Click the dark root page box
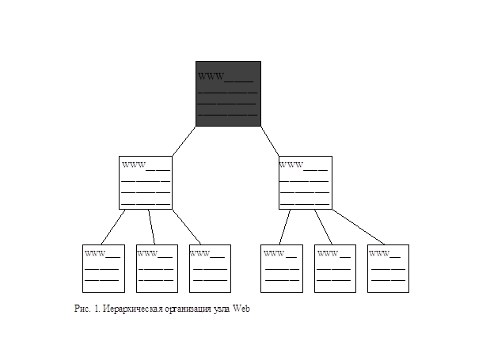click(228, 93)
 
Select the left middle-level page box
click(146, 183)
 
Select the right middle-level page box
click(306, 183)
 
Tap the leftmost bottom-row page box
click(104, 268)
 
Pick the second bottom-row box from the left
click(157, 268)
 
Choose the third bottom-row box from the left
click(210, 268)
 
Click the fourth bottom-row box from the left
click(282, 268)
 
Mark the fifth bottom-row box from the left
click(335, 268)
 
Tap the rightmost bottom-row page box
click(388, 268)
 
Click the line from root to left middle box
click(184, 141)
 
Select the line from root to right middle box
click(270, 141)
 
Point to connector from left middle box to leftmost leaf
click(113, 227)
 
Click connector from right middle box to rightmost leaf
click(358, 227)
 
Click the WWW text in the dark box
click(211, 77)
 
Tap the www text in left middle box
click(134, 165)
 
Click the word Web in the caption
click(241, 309)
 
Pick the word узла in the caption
click(222, 309)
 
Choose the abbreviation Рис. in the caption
click(82, 309)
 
